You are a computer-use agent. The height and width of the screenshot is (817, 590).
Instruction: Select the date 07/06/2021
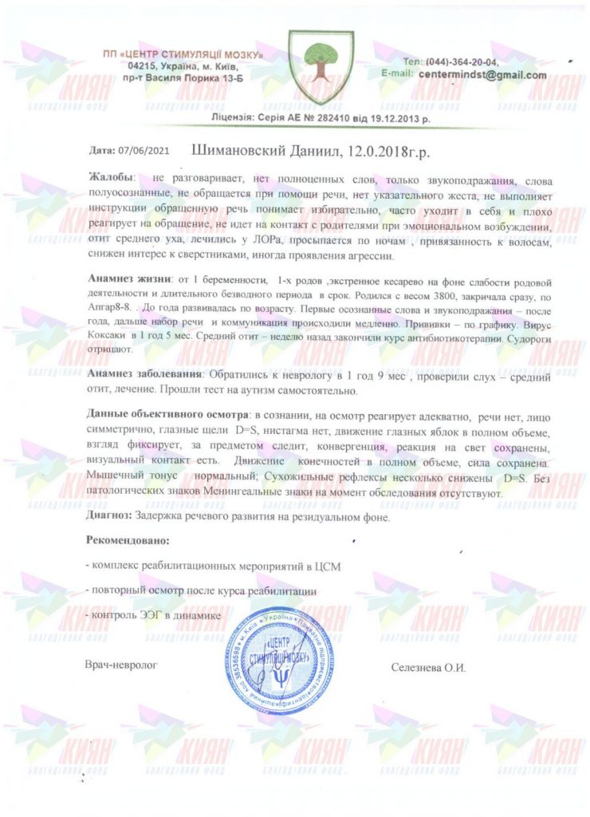coord(144,150)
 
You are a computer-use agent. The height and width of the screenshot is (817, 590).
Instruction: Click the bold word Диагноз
coord(108,516)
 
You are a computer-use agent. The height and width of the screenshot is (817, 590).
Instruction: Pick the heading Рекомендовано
coord(126,541)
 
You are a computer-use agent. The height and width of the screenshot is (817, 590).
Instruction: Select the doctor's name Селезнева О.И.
coord(429,666)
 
